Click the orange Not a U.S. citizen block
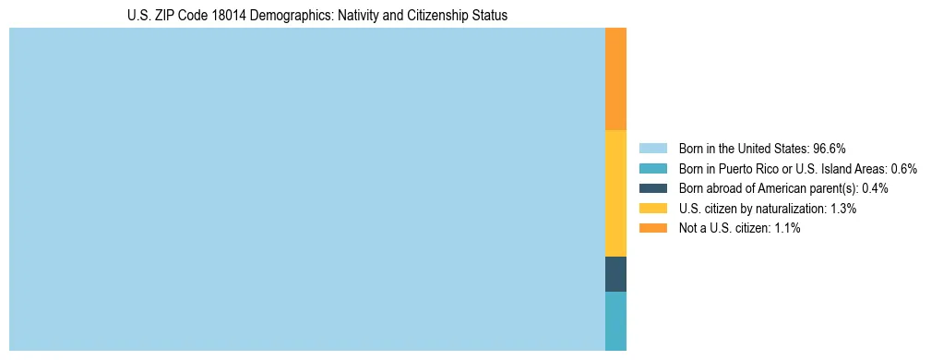point(615,78)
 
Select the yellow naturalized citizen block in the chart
point(615,193)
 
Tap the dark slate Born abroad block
point(615,274)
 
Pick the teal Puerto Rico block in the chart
point(615,321)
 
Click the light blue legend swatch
point(652,149)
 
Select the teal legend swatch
point(652,169)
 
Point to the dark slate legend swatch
point(652,188)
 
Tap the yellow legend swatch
point(652,209)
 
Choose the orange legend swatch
point(652,228)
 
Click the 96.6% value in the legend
point(830,149)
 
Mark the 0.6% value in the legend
point(903,169)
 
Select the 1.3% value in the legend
point(842,209)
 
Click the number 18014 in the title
point(226,16)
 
